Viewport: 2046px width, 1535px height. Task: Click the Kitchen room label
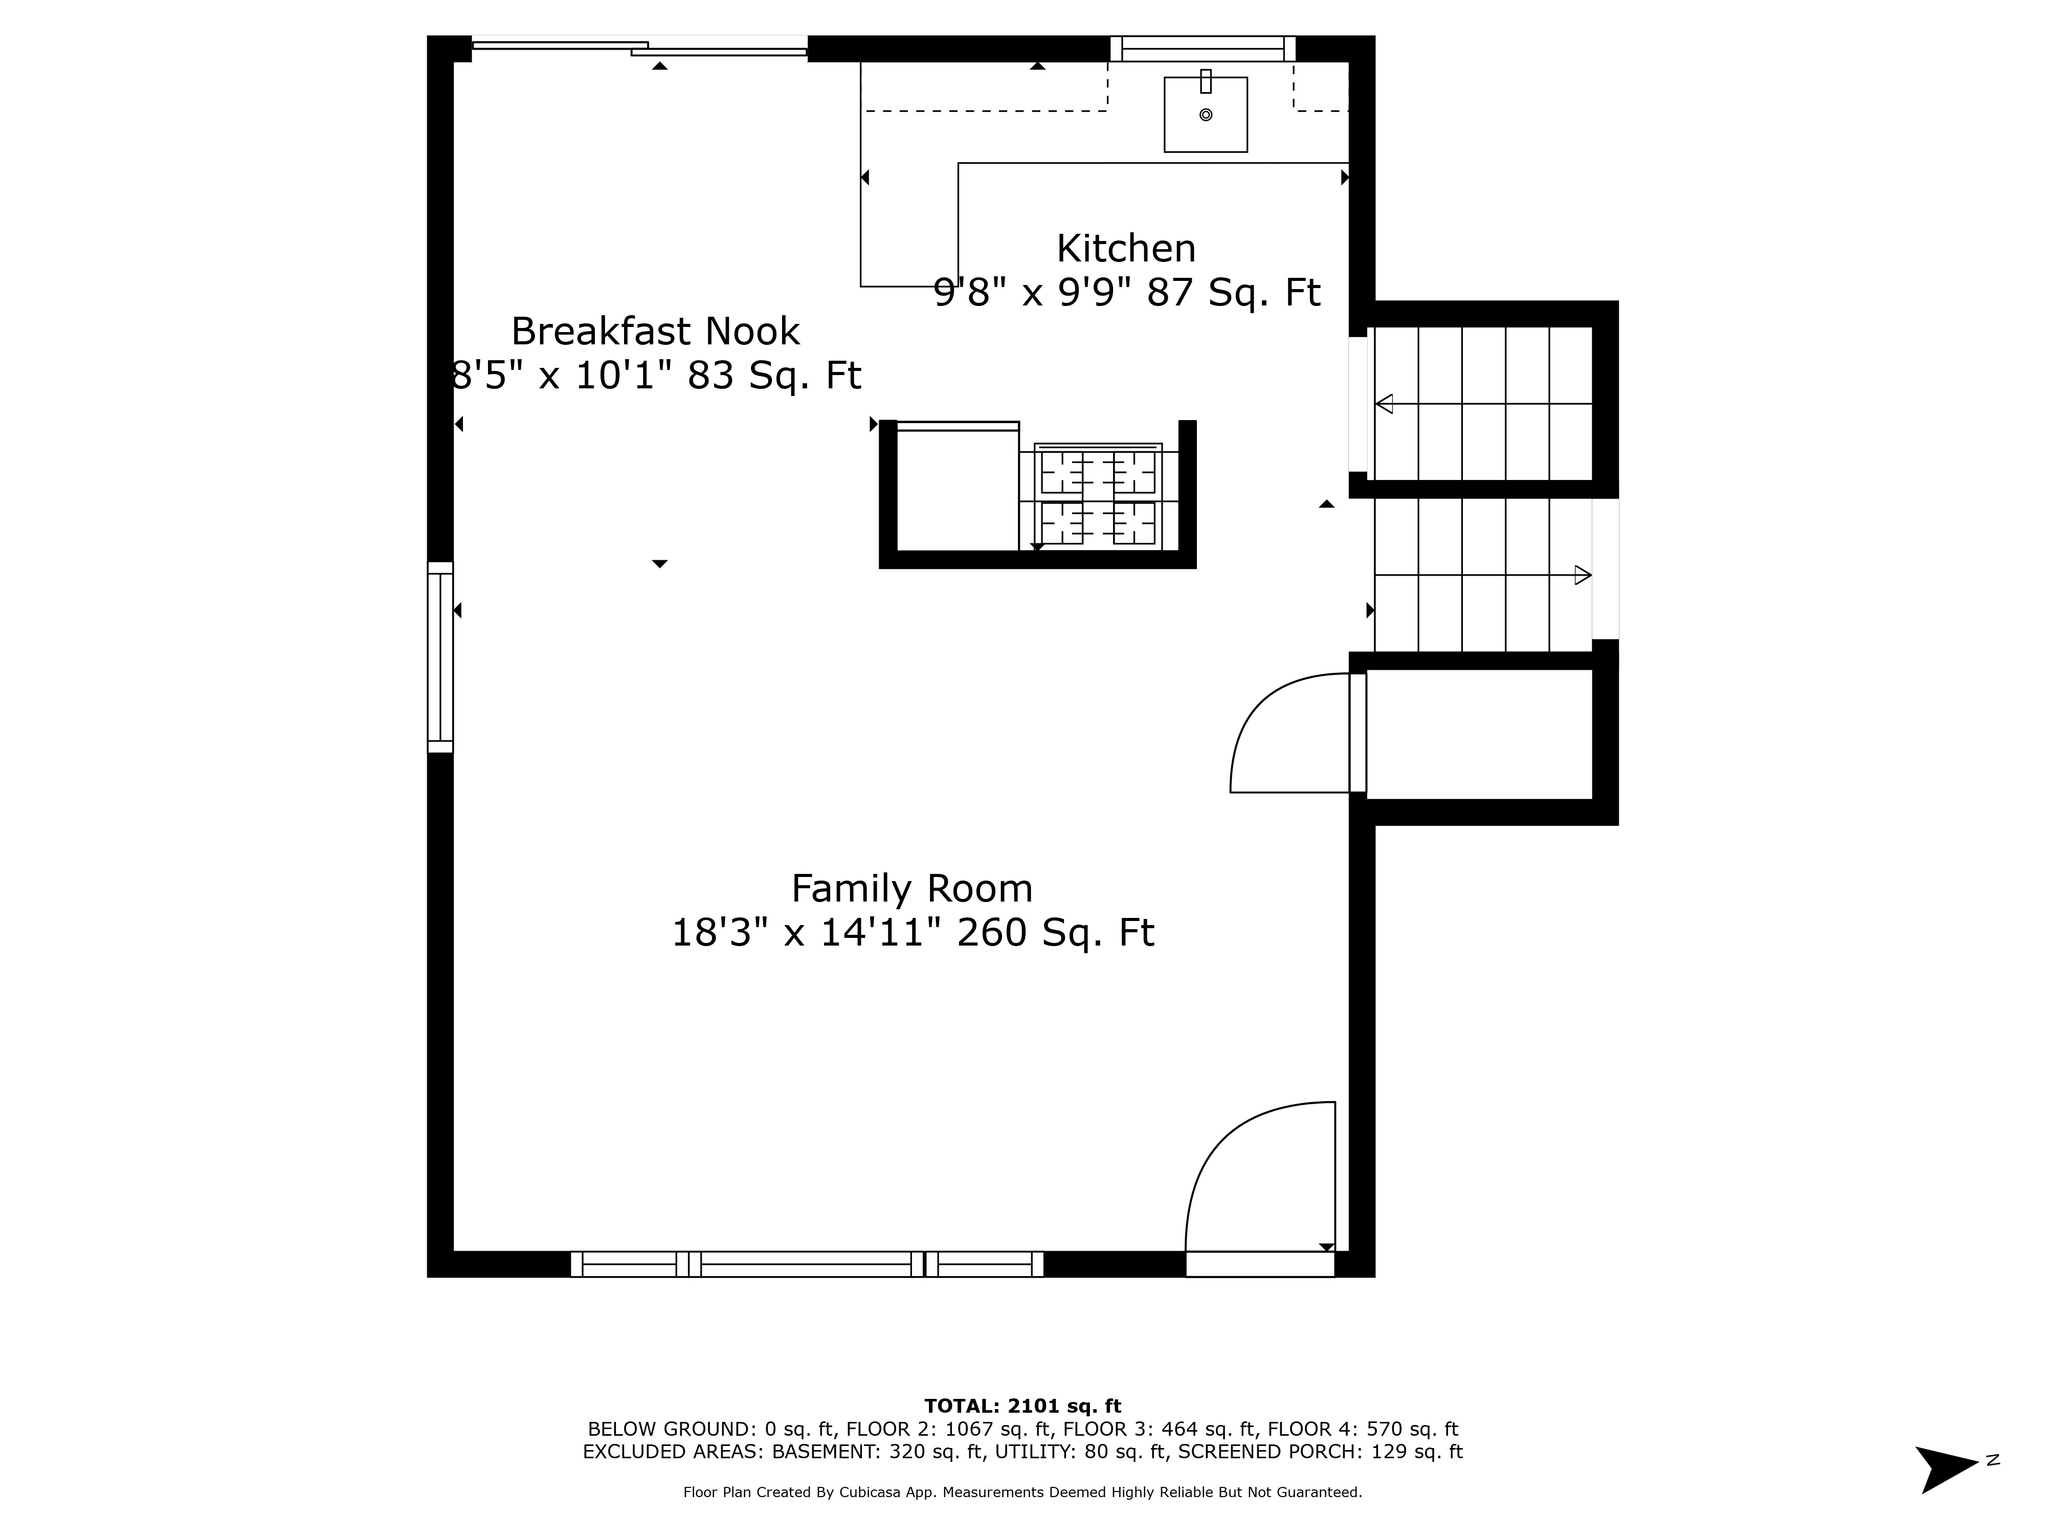[1126, 249]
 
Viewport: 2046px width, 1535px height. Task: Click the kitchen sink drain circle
[1205, 115]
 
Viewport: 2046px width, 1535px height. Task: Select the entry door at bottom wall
[1260, 1264]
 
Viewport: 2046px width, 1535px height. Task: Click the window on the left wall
[440, 657]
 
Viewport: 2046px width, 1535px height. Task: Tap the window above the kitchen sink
[1203, 48]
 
